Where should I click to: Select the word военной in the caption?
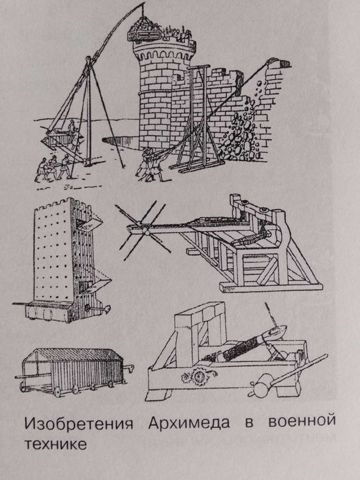point(302,422)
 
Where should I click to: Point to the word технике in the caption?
point(56,444)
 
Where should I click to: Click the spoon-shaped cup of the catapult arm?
point(277,331)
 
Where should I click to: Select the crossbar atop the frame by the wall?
point(198,67)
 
